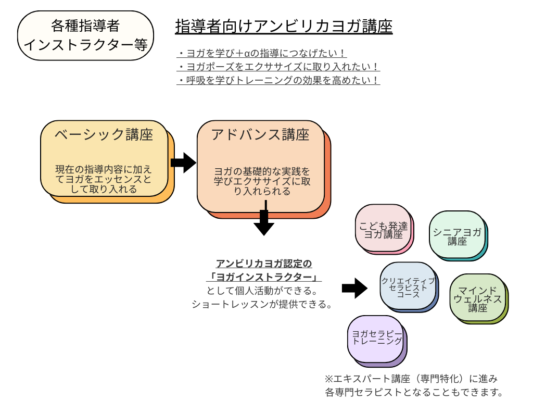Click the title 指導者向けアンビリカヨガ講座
pyautogui.click(x=284, y=26)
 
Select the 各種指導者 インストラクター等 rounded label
pyautogui.click(x=85, y=35)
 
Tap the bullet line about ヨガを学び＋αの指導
pyautogui.click(x=262, y=53)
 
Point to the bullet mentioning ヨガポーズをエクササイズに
pyautogui.click(x=278, y=67)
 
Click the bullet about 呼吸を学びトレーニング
pyautogui.click(x=278, y=80)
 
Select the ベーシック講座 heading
pyautogui.click(x=104, y=134)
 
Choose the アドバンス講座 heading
pyautogui.click(x=260, y=134)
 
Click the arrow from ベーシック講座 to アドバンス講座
pyautogui.click(x=183, y=162)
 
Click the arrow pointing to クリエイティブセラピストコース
pyautogui.click(x=354, y=288)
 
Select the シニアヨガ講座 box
pyautogui.click(x=457, y=235)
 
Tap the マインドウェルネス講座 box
pyautogui.click(x=477, y=298)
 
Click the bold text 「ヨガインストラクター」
pyautogui.click(x=264, y=277)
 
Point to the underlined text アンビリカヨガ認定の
pyautogui.click(x=264, y=264)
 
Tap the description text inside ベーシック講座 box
pyautogui.click(x=104, y=179)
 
